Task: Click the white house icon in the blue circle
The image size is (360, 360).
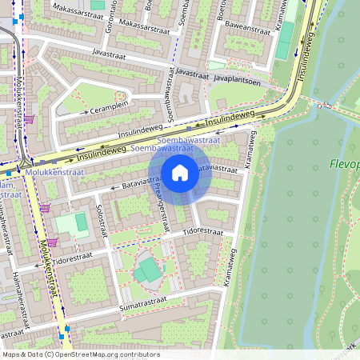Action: coord(180,172)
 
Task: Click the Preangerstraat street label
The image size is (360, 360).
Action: coord(160,204)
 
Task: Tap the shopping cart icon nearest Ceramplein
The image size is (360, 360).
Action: coord(30,119)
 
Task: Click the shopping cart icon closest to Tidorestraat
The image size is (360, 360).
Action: coord(52,242)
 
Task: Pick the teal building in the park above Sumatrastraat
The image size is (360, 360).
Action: coord(146,271)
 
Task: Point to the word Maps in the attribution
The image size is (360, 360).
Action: coord(11,354)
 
